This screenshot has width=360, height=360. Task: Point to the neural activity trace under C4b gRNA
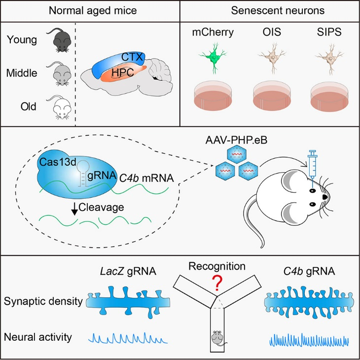click(310, 339)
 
